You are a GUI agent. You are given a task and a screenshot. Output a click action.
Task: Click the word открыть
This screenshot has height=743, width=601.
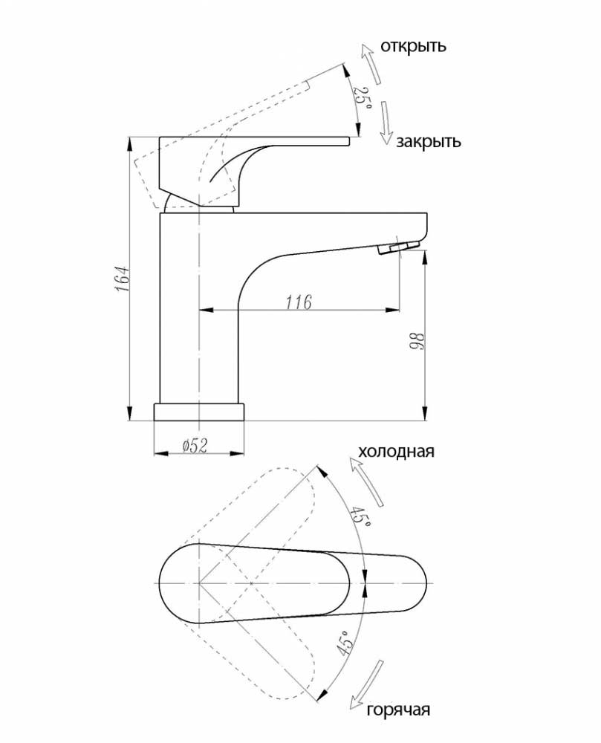coord(414,46)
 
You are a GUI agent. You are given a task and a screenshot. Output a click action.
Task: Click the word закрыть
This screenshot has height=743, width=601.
coord(428,141)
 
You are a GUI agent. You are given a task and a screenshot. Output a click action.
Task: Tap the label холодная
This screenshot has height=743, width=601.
coord(396,451)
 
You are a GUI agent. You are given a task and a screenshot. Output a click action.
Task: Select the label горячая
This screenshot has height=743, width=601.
coord(398,710)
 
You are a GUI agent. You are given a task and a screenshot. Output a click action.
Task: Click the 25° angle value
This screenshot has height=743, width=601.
coord(363,97)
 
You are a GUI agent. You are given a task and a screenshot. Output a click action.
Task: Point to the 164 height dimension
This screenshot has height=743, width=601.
coord(122,279)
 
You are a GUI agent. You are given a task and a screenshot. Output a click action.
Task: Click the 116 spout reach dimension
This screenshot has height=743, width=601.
coord(299,302)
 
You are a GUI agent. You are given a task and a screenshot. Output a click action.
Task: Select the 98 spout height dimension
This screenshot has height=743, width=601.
coord(417,341)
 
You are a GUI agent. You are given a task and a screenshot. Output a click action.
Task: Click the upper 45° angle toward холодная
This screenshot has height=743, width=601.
coord(361,517)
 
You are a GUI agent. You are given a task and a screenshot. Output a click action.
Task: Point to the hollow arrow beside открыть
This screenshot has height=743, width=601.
coord(370,63)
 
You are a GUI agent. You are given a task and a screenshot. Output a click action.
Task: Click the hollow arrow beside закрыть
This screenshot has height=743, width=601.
coord(386,123)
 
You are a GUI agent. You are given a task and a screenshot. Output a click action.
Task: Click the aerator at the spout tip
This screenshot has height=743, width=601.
coord(399,247)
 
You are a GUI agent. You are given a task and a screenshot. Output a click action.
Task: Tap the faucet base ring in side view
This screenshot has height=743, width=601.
coord(199,412)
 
